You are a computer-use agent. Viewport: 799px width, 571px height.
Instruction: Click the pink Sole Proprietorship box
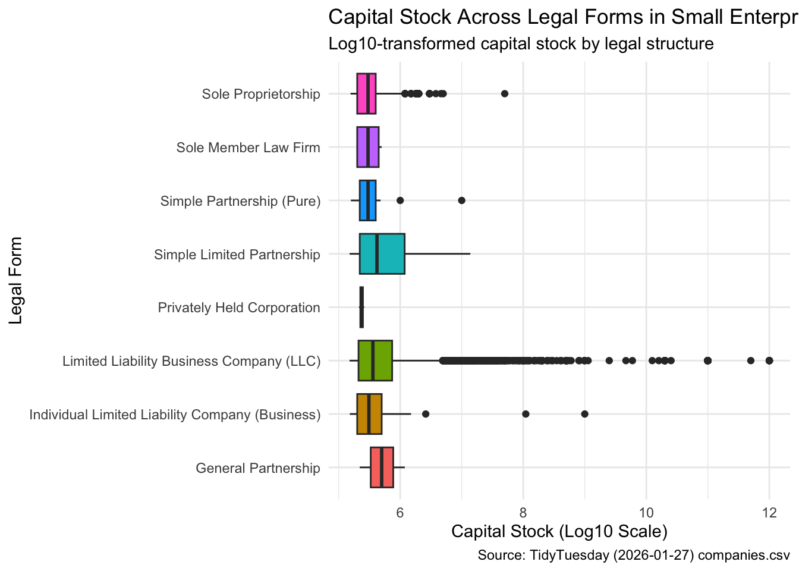click(366, 93)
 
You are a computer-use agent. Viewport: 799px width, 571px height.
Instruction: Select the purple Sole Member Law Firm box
click(367, 147)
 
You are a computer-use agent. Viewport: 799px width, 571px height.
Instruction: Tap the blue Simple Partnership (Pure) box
click(367, 200)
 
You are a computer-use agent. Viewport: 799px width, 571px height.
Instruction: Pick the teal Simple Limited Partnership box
click(382, 254)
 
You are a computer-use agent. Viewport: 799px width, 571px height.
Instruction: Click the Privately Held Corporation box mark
click(361, 308)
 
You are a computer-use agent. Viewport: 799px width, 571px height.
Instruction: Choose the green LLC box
click(375, 360)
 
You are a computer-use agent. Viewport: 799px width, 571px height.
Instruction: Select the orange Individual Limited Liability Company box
click(369, 414)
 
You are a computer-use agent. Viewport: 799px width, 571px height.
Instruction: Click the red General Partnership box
click(382, 468)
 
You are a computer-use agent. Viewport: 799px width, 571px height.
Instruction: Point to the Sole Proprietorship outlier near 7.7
click(505, 93)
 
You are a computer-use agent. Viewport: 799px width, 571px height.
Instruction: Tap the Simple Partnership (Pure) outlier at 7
click(461, 200)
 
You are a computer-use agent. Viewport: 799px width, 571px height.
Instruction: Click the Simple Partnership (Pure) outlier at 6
click(400, 200)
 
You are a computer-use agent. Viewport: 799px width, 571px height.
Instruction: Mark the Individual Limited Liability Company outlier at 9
click(584, 414)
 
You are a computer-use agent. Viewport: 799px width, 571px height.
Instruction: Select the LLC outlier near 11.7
click(750, 360)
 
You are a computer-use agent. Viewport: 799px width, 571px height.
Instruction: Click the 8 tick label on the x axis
click(523, 513)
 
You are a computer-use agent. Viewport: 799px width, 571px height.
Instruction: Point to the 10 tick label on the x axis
click(646, 513)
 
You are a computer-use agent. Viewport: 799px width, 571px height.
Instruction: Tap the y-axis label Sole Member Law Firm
click(248, 148)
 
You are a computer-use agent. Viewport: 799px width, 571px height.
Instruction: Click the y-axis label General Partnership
click(257, 468)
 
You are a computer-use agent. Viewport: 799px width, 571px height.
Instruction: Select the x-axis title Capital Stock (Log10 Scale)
click(559, 531)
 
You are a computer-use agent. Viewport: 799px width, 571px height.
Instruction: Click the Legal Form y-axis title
click(16, 280)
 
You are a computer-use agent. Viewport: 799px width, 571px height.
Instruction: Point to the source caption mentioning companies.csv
click(633, 556)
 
